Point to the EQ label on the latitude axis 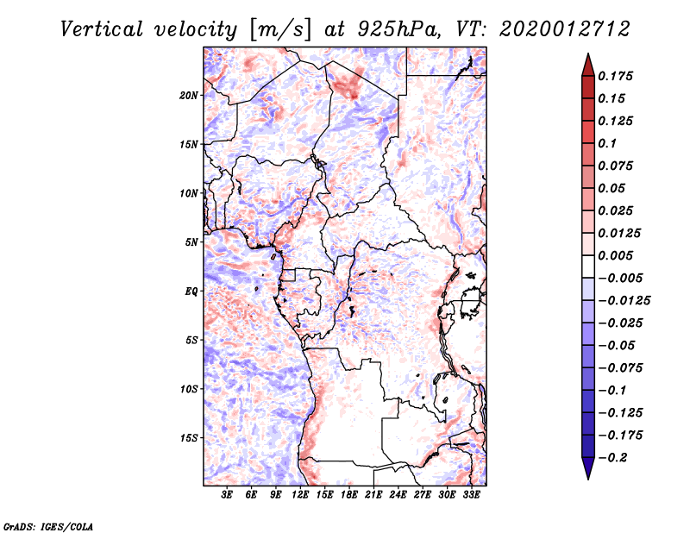tap(192, 292)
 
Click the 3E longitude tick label tap(228, 495)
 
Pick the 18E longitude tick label tap(349, 495)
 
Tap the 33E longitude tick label tap(472, 495)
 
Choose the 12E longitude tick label tap(301, 495)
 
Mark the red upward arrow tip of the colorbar tap(587, 57)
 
